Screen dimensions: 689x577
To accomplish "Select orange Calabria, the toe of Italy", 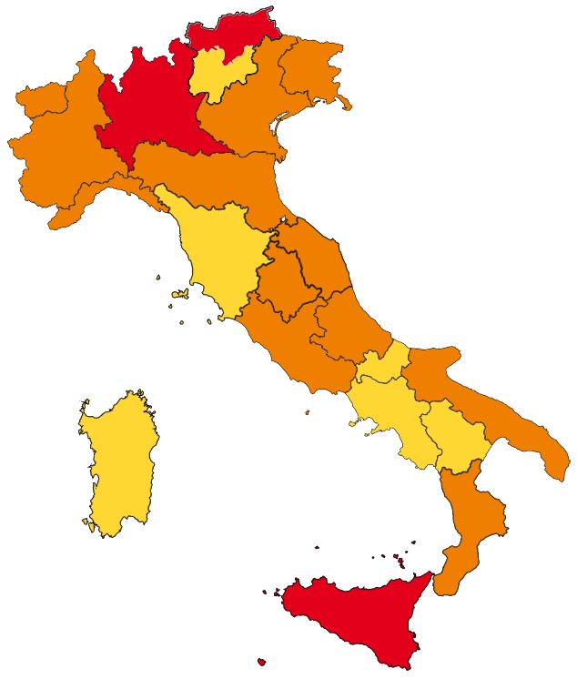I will (469, 528).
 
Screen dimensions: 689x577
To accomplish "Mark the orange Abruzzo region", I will (346, 319).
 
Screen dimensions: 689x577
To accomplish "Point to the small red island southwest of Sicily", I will (262, 662).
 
